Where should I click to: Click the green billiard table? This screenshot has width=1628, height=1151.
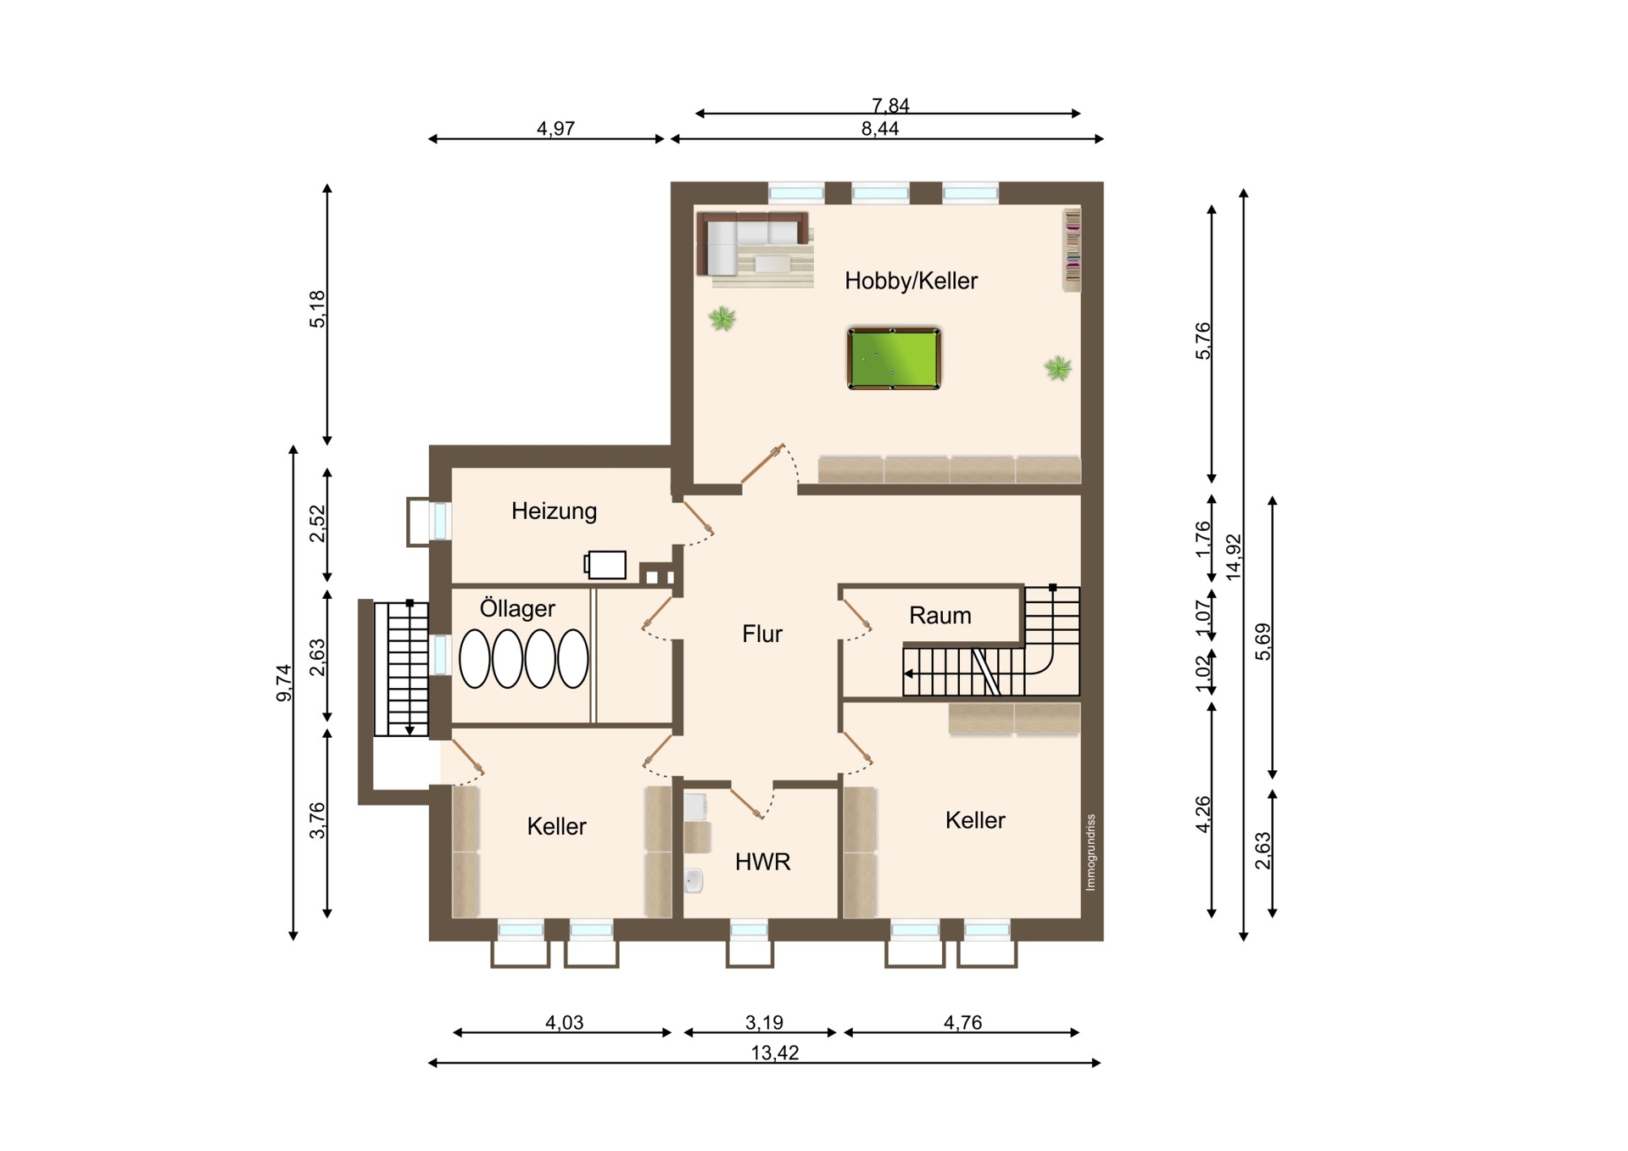pyautogui.click(x=894, y=359)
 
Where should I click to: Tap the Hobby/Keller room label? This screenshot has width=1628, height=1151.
pyautogui.click(x=911, y=281)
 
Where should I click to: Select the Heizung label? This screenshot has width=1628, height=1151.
pyautogui.click(x=554, y=511)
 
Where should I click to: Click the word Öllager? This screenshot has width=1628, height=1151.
pyautogui.click(x=517, y=608)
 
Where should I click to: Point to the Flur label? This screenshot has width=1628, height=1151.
pyautogui.click(x=761, y=634)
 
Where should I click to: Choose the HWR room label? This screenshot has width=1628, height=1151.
pyautogui.click(x=762, y=862)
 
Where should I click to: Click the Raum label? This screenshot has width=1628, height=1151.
pyautogui.click(x=939, y=616)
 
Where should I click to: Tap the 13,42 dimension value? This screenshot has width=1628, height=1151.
pyautogui.click(x=774, y=1053)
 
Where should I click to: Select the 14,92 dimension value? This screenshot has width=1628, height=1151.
pyautogui.click(x=1234, y=556)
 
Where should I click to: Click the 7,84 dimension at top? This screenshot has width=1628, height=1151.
pyautogui.click(x=890, y=105)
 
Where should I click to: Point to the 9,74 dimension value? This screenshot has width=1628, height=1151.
pyautogui.click(x=284, y=683)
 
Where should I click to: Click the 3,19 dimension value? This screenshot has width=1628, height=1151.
pyautogui.click(x=764, y=1023)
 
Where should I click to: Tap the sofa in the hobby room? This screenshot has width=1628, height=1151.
pyautogui.click(x=751, y=243)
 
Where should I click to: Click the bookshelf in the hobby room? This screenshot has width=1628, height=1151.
pyautogui.click(x=1073, y=250)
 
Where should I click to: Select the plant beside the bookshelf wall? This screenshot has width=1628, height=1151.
pyautogui.click(x=1057, y=368)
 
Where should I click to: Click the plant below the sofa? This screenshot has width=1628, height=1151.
pyautogui.click(x=722, y=319)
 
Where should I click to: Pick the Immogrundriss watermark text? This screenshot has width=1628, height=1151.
pyautogui.click(x=1090, y=852)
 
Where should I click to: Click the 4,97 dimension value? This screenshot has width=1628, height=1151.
pyautogui.click(x=555, y=129)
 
